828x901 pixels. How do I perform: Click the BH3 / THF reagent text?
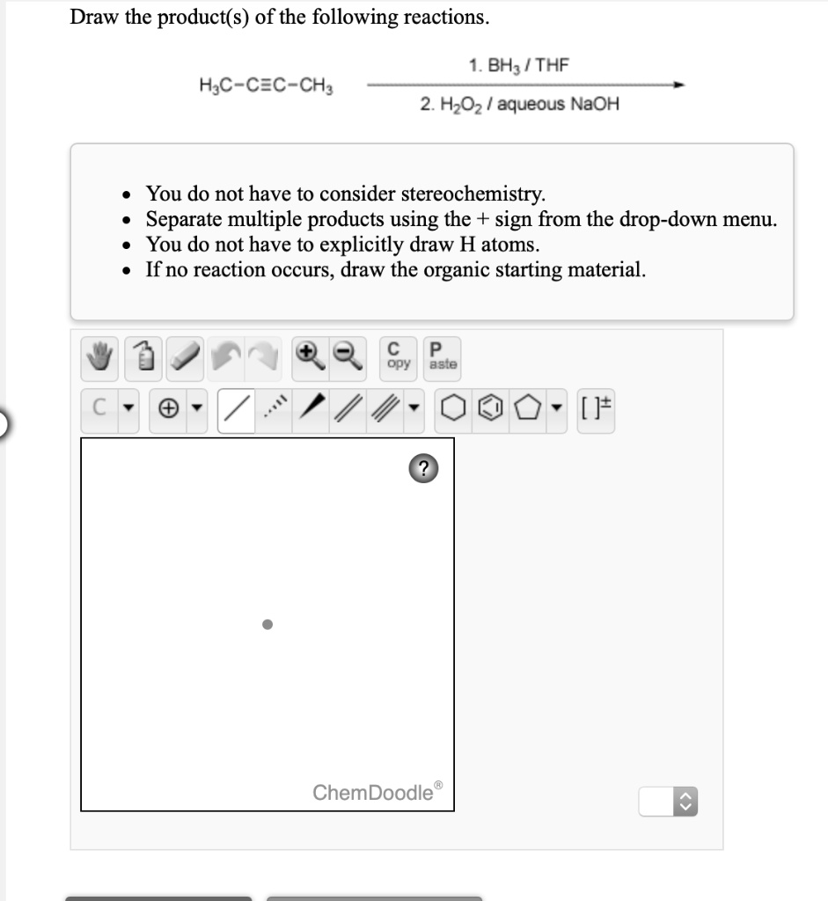click(518, 65)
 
